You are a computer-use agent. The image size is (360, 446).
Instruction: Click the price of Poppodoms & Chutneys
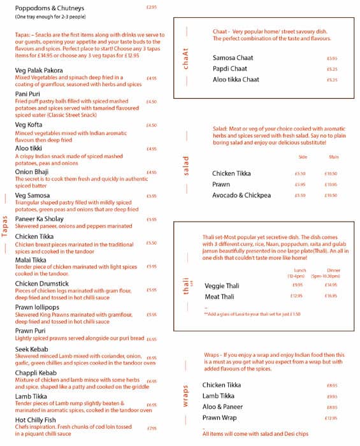click(151, 8)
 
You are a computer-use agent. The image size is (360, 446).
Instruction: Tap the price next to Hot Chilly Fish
click(152, 428)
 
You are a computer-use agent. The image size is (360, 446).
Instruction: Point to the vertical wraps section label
click(186, 396)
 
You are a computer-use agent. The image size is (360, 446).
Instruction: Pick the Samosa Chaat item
click(233, 58)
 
